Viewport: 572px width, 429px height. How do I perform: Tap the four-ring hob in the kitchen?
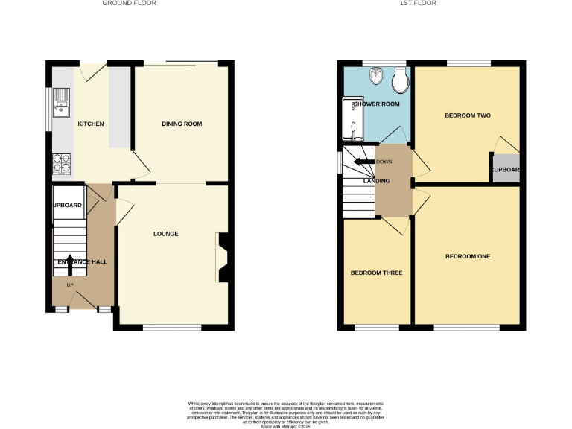(60, 162)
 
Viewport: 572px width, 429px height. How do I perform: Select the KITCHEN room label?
(91, 124)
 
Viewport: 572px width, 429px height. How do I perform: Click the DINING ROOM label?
(182, 124)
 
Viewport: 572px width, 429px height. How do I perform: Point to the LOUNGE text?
(165, 234)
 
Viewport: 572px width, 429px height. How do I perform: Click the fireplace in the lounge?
(222, 255)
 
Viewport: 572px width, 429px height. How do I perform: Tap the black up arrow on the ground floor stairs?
(71, 260)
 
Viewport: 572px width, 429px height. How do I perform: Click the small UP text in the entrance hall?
(71, 285)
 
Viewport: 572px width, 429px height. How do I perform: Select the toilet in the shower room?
(401, 77)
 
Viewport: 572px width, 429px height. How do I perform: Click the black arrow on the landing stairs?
(363, 162)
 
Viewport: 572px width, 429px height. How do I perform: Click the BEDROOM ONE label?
(467, 256)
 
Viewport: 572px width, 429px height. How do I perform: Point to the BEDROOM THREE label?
(376, 273)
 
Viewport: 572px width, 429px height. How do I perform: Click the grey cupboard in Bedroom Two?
(504, 168)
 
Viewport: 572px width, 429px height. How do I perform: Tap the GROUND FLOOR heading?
(130, 4)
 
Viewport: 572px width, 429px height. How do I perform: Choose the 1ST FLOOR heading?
(418, 4)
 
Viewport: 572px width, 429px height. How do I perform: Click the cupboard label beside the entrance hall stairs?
(67, 205)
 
